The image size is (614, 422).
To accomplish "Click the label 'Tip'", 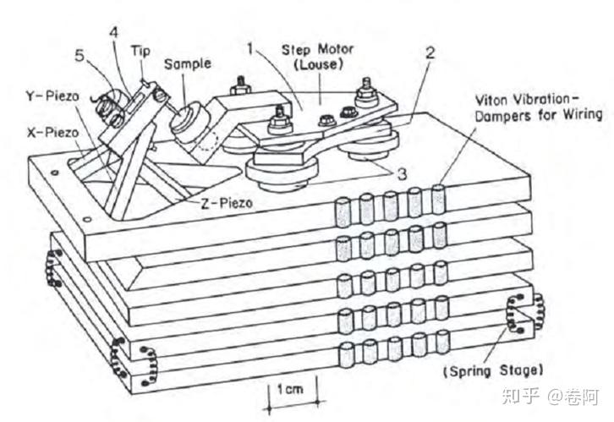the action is point(140,52).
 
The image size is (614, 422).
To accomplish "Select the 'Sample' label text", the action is point(188,63).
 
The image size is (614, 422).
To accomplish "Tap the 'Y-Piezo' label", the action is point(53,96).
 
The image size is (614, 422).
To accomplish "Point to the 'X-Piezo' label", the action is point(53,133).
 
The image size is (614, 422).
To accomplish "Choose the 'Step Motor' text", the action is point(318,50).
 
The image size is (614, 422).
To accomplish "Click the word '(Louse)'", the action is point(318,64).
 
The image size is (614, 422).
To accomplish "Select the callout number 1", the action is point(250,49).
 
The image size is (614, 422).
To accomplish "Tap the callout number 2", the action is point(430,52).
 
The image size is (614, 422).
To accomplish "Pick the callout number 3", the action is point(403,174).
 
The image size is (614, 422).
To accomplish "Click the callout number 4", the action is point(113,32).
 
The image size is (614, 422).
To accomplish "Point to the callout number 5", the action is point(79,56).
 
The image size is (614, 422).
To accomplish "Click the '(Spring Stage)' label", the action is point(493,370).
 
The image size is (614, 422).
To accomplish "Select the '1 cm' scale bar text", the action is point(290,389).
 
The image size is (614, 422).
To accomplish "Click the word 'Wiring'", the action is point(583,115).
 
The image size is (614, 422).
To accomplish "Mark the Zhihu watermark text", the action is point(551,396).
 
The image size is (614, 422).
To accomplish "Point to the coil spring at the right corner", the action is point(525,313).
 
